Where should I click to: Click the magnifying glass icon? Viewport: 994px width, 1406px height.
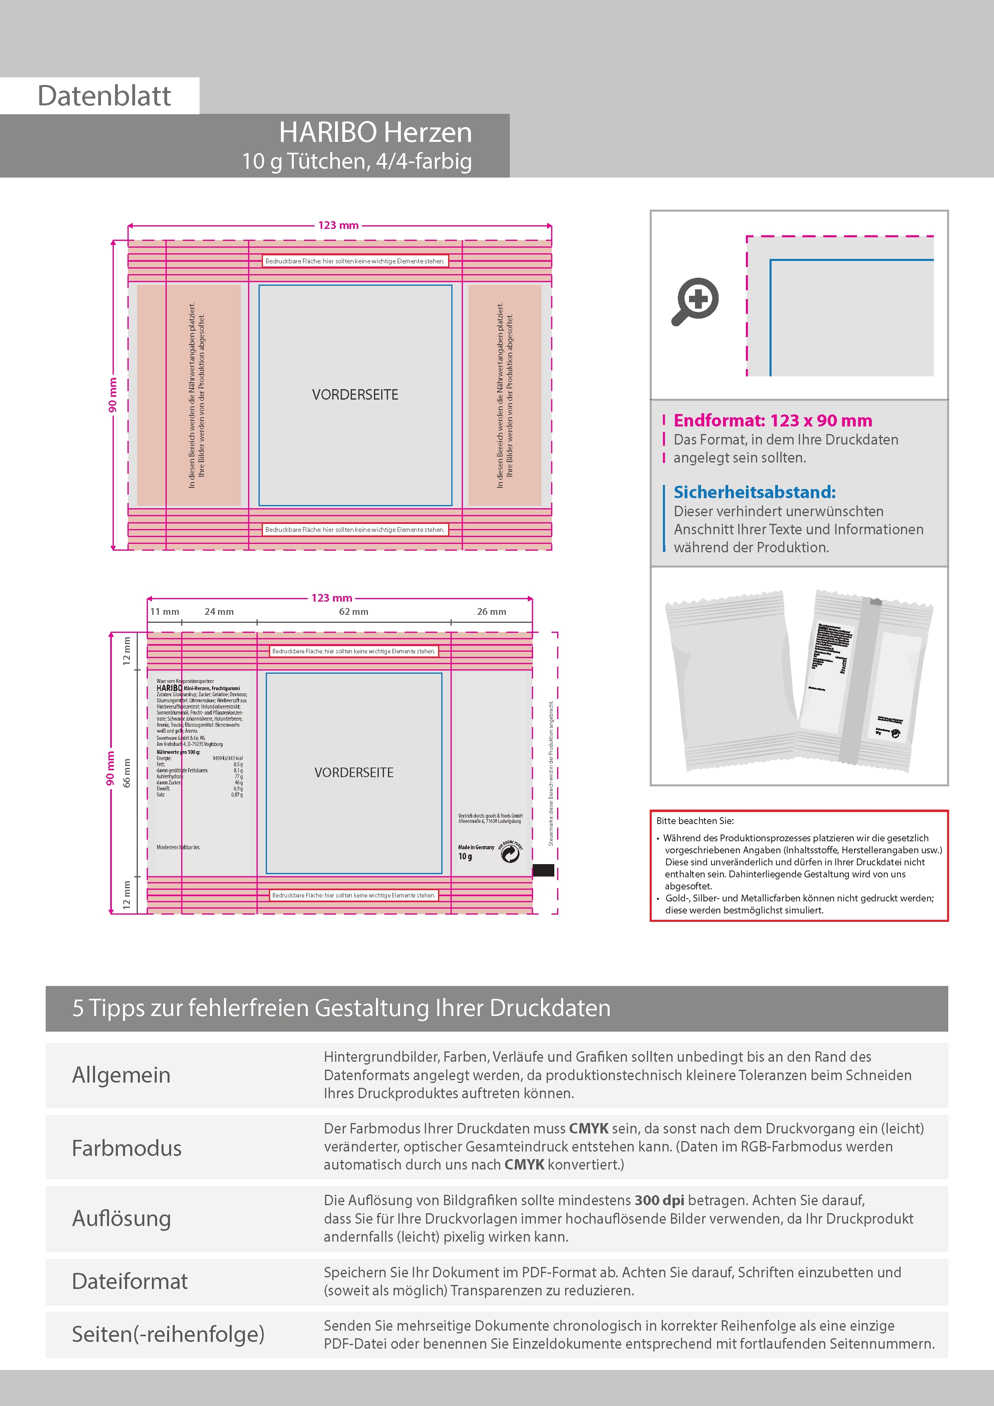tap(696, 301)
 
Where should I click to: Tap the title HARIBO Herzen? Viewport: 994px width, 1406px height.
tap(376, 132)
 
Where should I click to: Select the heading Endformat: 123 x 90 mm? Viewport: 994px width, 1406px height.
tap(772, 421)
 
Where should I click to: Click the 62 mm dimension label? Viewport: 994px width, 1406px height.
tap(354, 612)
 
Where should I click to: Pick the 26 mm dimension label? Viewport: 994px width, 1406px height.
tap(491, 612)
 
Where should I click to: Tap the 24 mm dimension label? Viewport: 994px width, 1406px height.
tap(219, 612)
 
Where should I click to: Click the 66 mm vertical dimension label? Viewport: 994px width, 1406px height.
tap(127, 773)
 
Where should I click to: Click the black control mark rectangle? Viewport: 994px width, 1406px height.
tap(543, 870)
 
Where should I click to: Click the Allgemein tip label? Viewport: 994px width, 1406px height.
tap(121, 1075)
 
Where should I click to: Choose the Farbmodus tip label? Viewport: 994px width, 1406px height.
tap(127, 1148)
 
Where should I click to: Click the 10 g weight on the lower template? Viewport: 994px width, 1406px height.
tap(465, 857)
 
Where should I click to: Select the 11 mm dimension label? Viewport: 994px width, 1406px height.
tap(165, 612)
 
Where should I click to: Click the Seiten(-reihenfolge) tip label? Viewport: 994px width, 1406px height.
tap(168, 1334)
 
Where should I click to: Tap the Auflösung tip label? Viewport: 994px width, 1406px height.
tap(121, 1218)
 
